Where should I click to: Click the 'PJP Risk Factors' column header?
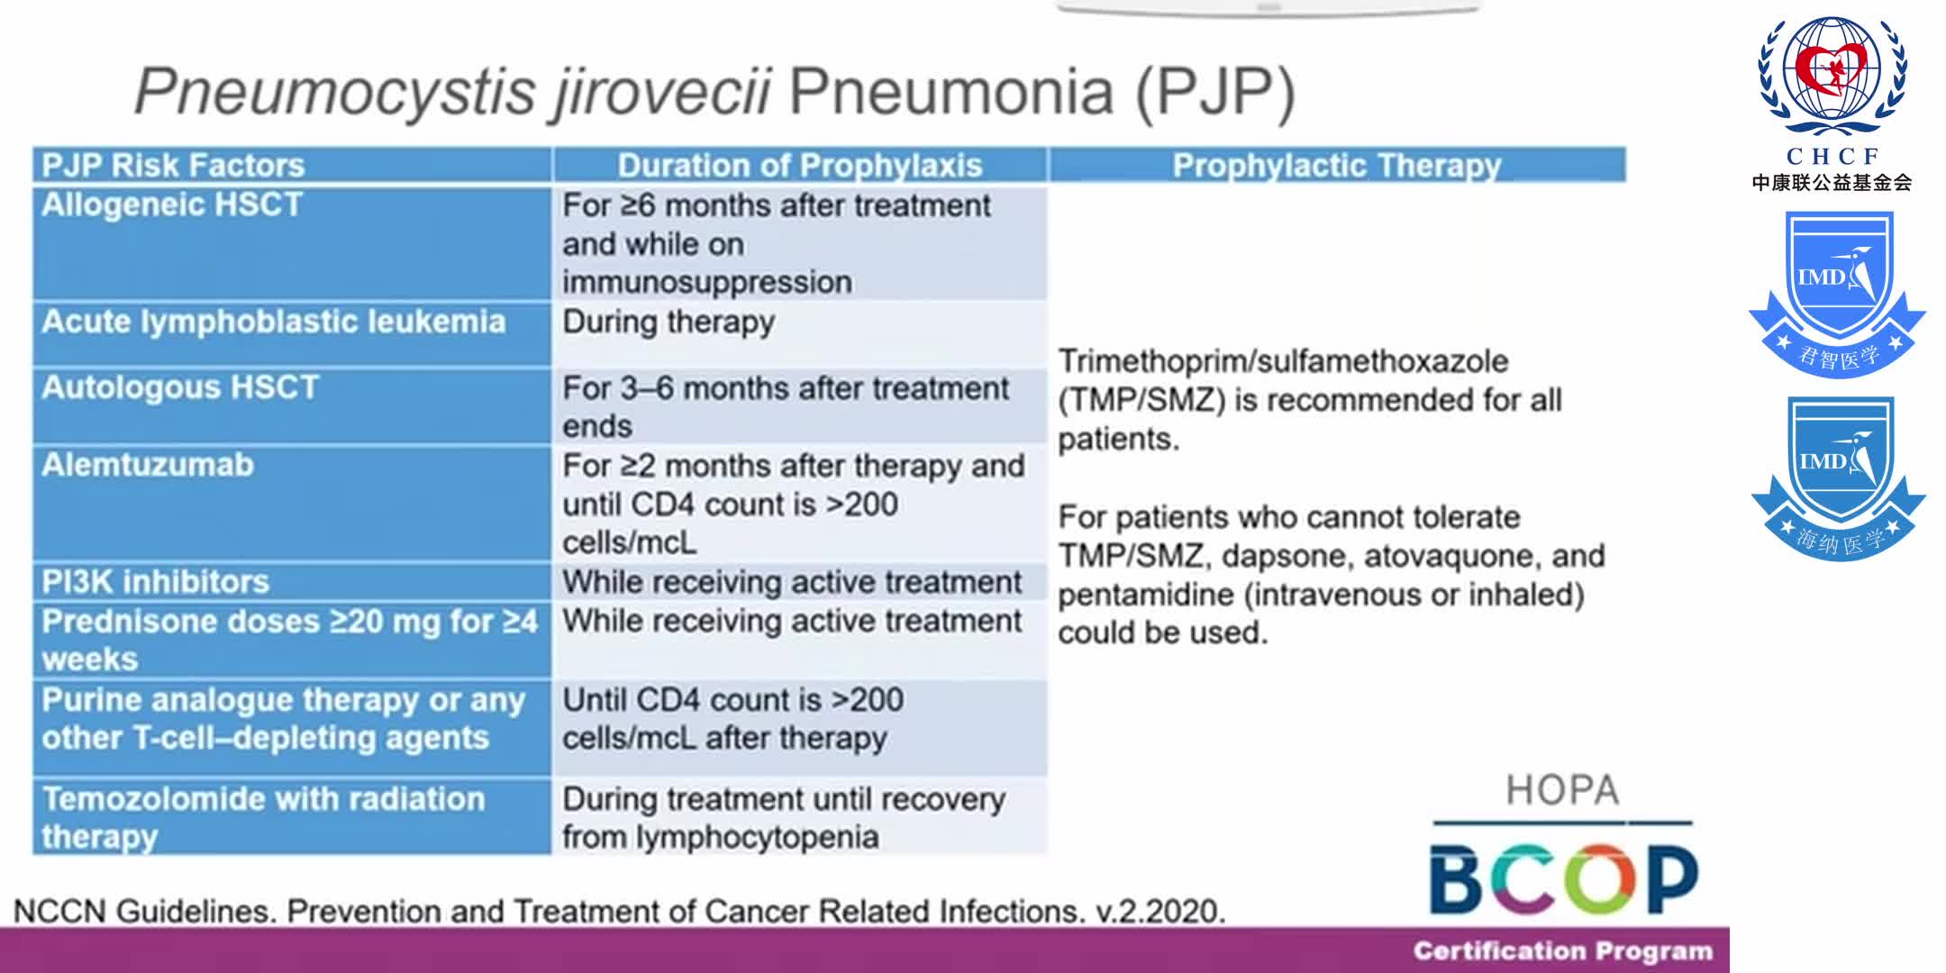(x=174, y=166)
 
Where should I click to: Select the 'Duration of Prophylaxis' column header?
(x=799, y=166)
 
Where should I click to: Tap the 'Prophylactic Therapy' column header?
(x=1337, y=166)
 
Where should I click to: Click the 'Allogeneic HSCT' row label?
(x=172, y=205)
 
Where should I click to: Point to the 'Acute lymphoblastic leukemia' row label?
(x=274, y=323)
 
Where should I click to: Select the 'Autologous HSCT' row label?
(x=180, y=387)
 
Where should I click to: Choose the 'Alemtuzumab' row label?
(x=148, y=465)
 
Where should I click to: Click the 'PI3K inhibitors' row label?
(x=156, y=582)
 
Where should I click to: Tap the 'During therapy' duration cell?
(x=668, y=323)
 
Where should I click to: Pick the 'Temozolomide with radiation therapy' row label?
(x=263, y=817)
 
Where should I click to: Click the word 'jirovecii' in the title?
(x=662, y=92)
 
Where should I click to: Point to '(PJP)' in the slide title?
(x=1214, y=92)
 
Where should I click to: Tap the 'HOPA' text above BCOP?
(x=1562, y=790)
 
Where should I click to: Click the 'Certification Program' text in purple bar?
(x=1562, y=951)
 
